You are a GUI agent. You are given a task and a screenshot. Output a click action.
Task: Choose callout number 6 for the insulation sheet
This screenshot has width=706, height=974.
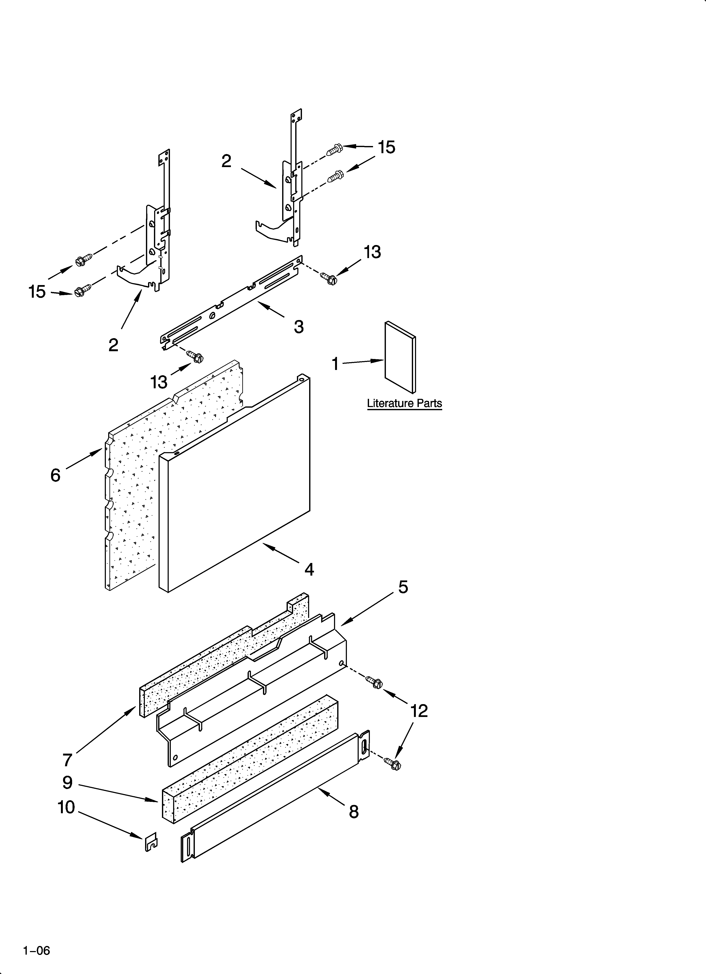[x=55, y=475]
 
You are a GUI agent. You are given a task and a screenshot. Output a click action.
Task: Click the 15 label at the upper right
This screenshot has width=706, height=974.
[x=387, y=147]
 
